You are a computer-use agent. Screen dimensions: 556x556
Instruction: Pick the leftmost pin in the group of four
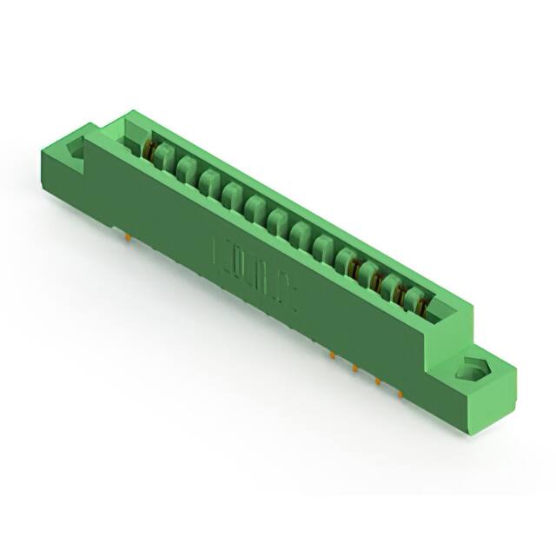(332, 354)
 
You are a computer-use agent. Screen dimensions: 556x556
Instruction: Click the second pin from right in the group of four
(377, 381)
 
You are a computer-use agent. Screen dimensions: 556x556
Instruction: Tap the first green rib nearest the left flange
(163, 157)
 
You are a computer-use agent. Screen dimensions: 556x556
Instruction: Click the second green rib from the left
(186, 168)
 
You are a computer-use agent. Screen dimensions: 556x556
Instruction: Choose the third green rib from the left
(208, 181)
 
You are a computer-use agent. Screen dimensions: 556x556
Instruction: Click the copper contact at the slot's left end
(149, 153)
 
